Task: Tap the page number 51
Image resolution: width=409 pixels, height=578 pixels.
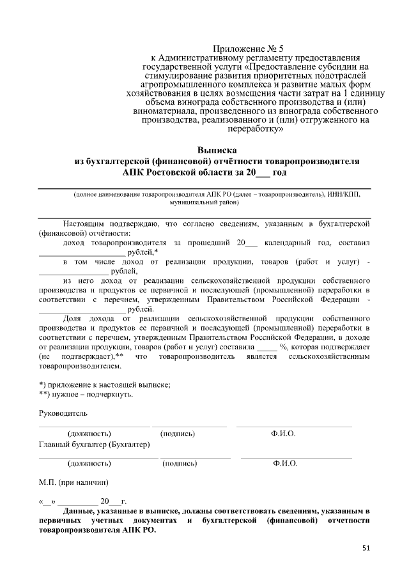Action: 366,547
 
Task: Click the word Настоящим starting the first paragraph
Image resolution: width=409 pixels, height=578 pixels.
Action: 84,224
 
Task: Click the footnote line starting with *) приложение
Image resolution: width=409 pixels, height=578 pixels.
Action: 105,384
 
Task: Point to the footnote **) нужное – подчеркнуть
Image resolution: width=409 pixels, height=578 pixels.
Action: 86,394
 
